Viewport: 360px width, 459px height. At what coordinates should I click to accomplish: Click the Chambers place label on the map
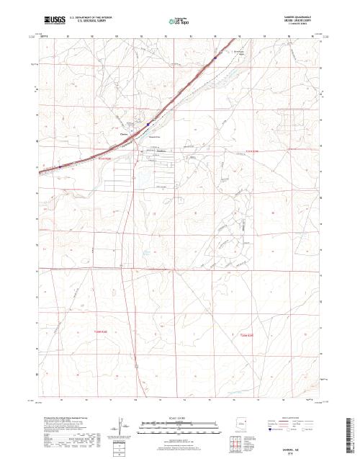tap(124, 132)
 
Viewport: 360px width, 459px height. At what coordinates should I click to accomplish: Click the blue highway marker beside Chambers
tap(148, 124)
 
